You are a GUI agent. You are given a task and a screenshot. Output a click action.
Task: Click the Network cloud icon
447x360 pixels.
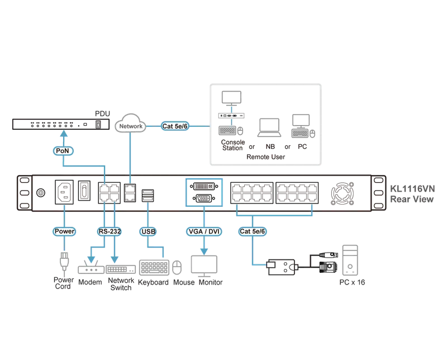coord(130,123)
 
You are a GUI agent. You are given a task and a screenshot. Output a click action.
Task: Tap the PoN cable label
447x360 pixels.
coord(63,150)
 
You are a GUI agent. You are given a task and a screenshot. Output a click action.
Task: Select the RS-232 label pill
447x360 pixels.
coord(110,231)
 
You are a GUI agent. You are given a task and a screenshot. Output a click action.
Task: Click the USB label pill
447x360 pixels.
coord(148,231)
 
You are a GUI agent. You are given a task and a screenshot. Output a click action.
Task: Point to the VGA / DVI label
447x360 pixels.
coord(204,231)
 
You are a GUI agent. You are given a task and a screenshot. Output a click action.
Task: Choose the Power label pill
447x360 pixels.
coord(64,231)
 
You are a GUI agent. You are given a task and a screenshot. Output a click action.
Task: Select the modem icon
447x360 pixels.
coord(91,267)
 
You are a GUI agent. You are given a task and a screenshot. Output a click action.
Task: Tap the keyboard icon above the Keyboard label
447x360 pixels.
coord(154,267)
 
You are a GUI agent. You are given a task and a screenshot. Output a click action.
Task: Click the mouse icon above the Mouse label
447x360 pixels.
coord(177,267)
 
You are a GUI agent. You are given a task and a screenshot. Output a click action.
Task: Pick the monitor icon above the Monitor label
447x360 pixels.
coord(204,266)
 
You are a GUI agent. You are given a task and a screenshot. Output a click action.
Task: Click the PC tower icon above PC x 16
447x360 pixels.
coord(350,260)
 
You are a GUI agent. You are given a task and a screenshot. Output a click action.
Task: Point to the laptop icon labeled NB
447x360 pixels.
coord(269,128)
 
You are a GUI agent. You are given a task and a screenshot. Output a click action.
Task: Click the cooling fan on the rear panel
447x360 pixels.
coord(343,193)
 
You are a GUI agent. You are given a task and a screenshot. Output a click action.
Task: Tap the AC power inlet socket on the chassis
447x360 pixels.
coord(64,192)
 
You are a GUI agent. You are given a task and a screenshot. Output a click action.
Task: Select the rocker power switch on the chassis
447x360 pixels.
coord(84,191)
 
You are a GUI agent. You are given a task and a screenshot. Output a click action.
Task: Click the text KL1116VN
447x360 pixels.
coord(412,188)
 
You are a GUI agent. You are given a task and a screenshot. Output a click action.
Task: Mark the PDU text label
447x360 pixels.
coord(102,113)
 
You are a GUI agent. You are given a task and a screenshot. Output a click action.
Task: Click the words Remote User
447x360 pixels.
coord(266,157)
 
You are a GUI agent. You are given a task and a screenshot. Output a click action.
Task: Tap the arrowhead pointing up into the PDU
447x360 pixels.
coord(64,133)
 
